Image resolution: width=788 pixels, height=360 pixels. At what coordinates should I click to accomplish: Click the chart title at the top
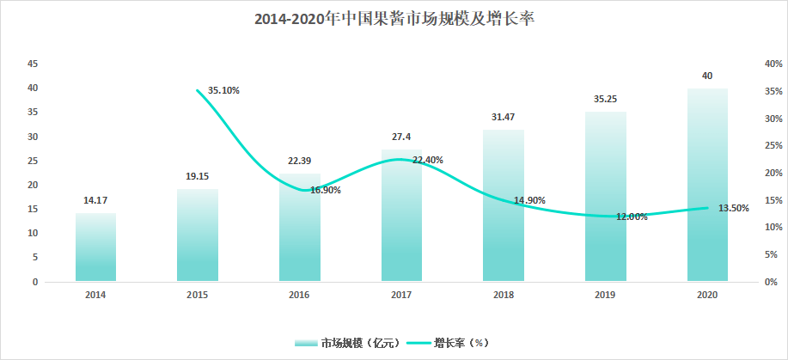pyautogui.click(x=394, y=18)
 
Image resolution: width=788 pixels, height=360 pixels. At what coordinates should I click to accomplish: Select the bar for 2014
pyautogui.click(x=95, y=247)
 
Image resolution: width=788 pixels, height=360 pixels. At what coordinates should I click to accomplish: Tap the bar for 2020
pyautogui.click(x=707, y=185)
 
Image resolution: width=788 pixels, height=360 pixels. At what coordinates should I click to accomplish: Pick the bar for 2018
pyautogui.click(x=504, y=206)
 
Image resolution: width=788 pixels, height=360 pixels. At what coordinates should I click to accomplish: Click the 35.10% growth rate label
pyautogui.click(x=223, y=90)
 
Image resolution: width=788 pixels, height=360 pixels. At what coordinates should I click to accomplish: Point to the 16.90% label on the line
pyautogui.click(x=325, y=190)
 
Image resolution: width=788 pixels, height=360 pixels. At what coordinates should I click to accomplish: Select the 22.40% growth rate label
pyautogui.click(x=427, y=160)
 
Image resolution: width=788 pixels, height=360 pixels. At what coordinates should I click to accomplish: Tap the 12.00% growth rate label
pyautogui.click(x=631, y=217)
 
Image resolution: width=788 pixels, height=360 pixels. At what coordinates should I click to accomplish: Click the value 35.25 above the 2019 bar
pyautogui.click(x=606, y=99)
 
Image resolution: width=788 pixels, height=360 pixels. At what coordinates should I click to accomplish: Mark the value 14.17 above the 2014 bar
pyautogui.click(x=95, y=201)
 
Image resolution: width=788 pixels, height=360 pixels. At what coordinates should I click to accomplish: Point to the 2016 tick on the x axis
pyautogui.click(x=299, y=295)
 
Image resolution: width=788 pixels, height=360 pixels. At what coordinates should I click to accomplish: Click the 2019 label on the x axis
pyautogui.click(x=605, y=295)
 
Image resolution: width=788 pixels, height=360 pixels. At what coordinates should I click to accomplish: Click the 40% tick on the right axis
pyautogui.click(x=772, y=64)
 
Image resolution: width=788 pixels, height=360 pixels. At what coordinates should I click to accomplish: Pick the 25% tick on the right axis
pyautogui.click(x=772, y=145)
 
